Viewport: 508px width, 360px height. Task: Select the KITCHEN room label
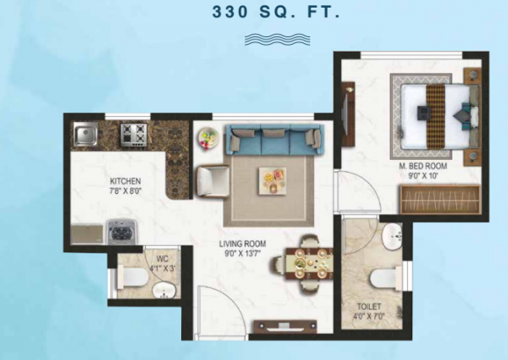(x=125, y=182)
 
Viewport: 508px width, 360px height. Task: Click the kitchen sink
(x=84, y=134)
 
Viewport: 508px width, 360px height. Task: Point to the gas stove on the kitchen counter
(x=134, y=133)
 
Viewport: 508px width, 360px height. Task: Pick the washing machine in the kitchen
(x=120, y=230)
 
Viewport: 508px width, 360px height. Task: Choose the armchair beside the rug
(x=212, y=179)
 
